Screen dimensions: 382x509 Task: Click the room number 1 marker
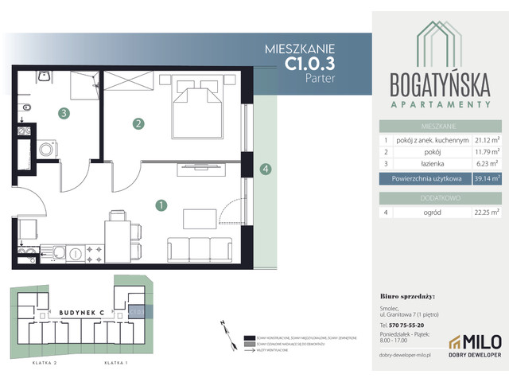point(161,205)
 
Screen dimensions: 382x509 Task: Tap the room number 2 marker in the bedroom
point(139,123)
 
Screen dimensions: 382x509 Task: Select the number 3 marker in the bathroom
point(63,114)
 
